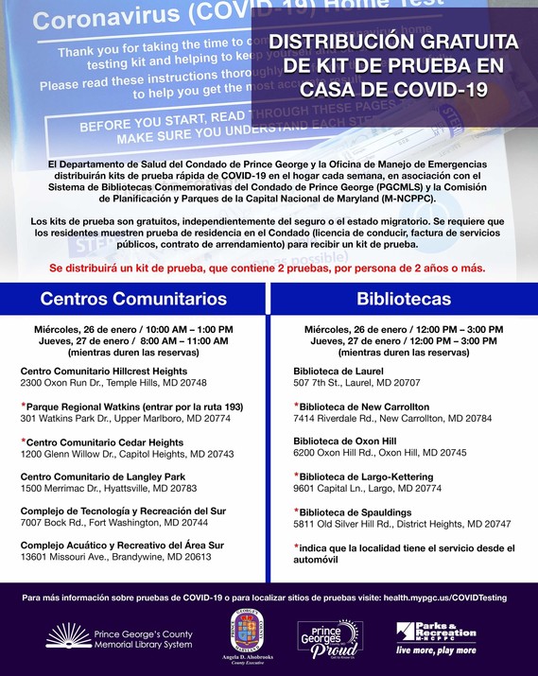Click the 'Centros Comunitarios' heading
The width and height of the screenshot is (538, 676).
[133, 299]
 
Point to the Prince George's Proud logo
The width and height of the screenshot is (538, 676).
[329, 639]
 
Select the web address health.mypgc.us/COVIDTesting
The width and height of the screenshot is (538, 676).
[446, 598]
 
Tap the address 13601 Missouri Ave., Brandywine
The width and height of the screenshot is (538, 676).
[116, 558]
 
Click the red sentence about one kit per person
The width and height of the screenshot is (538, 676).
[268, 269]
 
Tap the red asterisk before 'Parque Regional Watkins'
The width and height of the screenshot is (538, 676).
[23, 405]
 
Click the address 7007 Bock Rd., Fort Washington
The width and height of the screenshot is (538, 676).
[114, 522]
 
